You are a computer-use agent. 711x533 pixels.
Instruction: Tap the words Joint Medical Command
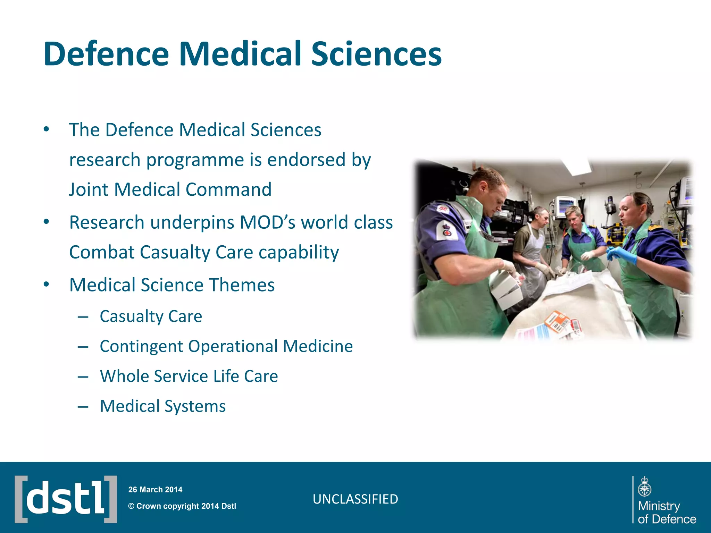pyautogui.click(x=170, y=189)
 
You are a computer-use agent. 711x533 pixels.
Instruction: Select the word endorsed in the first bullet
pyautogui.click(x=306, y=160)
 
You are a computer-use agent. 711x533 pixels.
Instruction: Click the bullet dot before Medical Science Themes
pyautogui.click(x=47, y=285)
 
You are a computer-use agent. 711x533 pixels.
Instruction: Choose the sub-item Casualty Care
pyautogui.click(x=151, y=316)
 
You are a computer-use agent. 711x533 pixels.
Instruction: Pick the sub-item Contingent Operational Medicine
pyautogui.click(x=226, y=346)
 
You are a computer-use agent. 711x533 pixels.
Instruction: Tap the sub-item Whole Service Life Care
pyautogui.click(x=189, y=376)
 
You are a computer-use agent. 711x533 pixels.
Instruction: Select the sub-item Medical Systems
pyautogui.click(x=162, y=406)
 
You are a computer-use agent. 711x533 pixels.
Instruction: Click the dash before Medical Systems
pyautogui.click(x=83, y=406)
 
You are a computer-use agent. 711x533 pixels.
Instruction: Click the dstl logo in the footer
pyautogui.click(x=66, y=499)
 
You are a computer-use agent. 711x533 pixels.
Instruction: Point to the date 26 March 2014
pyautogui.click(x=155, y=490)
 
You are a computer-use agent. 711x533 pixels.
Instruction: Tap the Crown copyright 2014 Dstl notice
pyautogui.click(x=182, y=506)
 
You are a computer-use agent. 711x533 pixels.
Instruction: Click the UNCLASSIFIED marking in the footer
pyautogui.click(x=355, y=499)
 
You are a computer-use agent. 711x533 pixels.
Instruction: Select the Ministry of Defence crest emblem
pyautogui.click(x=644, y=487)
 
